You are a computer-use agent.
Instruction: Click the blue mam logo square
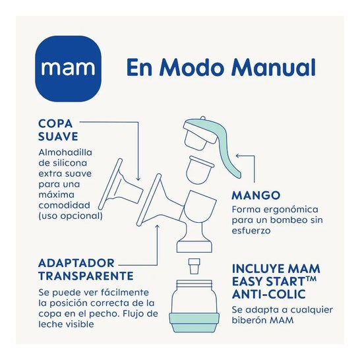(x=68, y=69)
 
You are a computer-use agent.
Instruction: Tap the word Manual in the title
(x=274, y=67)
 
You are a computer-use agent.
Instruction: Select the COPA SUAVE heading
(x=58, y=130)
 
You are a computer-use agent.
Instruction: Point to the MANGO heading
(x=256, y=195)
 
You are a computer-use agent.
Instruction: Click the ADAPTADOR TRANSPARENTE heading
(x=86, y=269)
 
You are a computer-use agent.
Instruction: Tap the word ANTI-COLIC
(x=269, y=294)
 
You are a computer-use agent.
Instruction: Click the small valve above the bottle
(x=195, y=266)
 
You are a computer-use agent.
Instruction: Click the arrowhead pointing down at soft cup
(x=138, y=179)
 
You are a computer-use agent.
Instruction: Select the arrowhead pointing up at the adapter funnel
(x=158, y=227)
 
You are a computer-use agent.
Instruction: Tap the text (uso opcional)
(x=71, y=216)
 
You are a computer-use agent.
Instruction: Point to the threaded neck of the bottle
(x=195, y=285)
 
